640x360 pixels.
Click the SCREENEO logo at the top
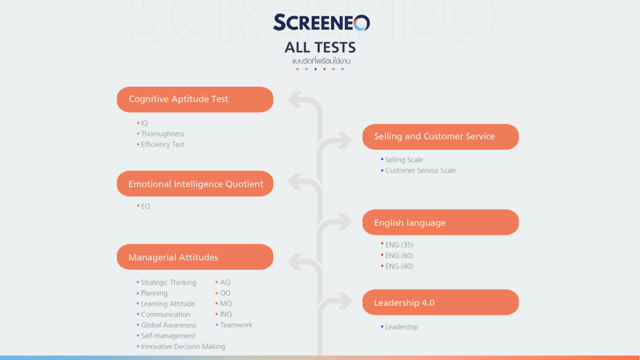click(321, 23)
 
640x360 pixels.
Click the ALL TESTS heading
click(320, 47)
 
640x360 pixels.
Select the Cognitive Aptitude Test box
click(195, 99)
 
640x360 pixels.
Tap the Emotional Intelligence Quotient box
click(195, 184)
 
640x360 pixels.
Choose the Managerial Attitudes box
click(195, 257)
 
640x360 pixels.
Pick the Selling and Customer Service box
click(441, 136)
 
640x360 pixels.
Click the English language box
click(441, 222)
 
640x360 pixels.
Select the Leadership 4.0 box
click(441, 302)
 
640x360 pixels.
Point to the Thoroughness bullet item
click(162, 134)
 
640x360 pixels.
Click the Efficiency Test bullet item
click(162, 144)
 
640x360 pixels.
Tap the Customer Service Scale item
click(420, 171)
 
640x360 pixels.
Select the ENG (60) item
click(399, 256)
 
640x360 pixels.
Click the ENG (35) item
click(399, 245)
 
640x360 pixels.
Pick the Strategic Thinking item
click(168, 282)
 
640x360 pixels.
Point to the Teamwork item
click(236, 325)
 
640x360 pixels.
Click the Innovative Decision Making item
click(182, 346)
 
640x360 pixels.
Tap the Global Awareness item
click(168, 325)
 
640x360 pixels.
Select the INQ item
click(226, 314)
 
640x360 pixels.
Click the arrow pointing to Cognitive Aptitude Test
click(298, 100)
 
